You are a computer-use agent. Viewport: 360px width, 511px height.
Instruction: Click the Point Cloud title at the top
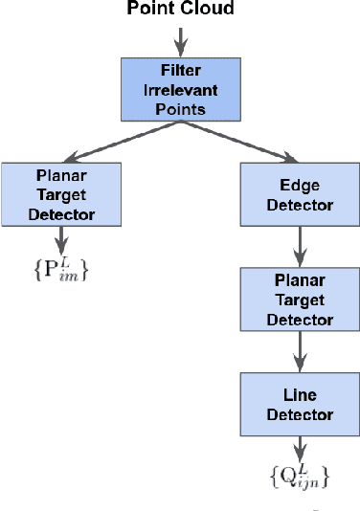coord(180,11)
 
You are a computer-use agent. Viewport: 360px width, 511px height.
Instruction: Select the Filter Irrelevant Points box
coord(180,89)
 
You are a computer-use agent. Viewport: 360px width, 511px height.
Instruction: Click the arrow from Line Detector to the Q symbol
coord(299,447)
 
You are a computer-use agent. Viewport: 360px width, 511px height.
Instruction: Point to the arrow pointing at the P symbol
coord(61,239)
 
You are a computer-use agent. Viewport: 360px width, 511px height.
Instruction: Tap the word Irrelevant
coord(180,89)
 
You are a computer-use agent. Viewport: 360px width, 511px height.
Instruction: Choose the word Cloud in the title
coord(209,11)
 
